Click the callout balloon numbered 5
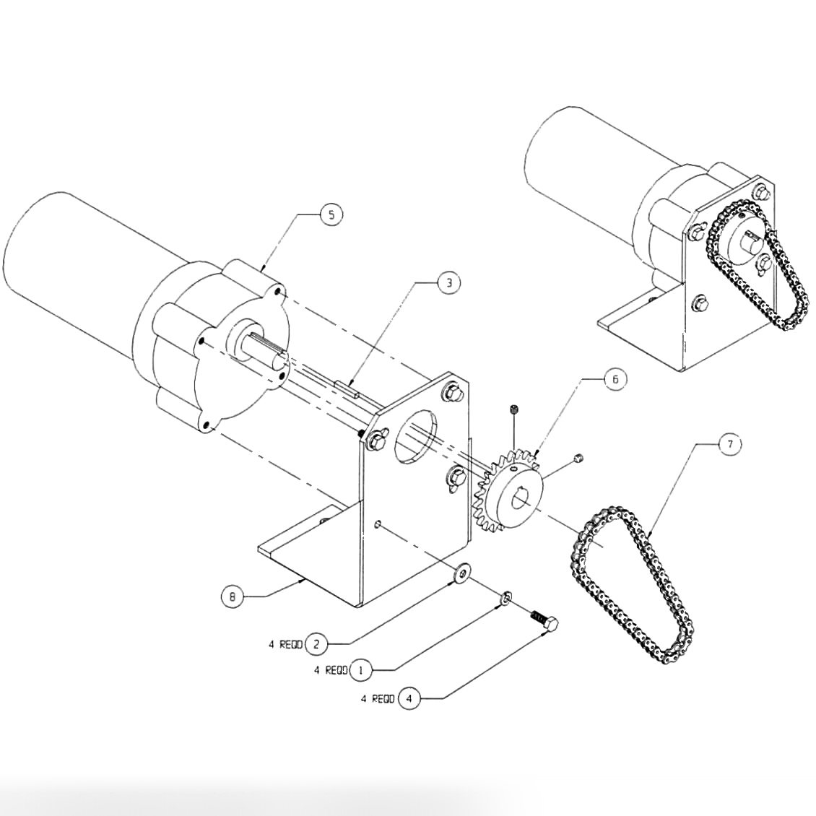(331, 214)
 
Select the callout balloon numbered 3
(448, 282)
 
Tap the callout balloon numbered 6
(615, 381)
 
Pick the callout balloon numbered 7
(729, 445)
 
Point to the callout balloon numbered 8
(232, 596)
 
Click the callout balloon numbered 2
(316, 643)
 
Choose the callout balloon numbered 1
(361, 671)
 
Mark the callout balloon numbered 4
(409, 699)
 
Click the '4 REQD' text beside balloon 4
(378, 699)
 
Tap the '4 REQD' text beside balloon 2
(285, 644)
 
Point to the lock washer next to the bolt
(507, 597)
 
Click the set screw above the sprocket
(513, 410)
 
